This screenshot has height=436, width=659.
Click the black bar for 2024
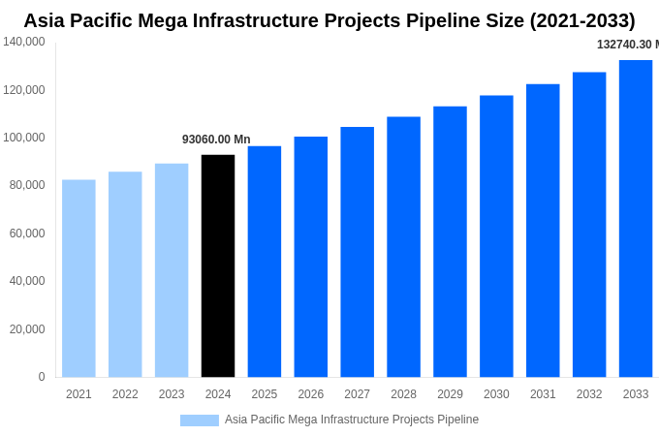point(218,265)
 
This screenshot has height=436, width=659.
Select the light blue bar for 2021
point(78,278)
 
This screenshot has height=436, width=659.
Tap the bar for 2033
point(636,218)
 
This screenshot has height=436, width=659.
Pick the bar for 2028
point(403,246)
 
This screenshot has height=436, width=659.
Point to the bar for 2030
point(496,235)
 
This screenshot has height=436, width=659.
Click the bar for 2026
point(311,256)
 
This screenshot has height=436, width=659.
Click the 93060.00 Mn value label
point(216,140)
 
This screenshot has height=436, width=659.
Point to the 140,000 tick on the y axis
point(24,42)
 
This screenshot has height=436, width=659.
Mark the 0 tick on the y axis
point(42,377)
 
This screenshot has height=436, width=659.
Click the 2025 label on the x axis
point(265,394)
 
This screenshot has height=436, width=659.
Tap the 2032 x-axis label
point(589,394)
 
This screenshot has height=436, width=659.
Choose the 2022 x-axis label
point(125,394)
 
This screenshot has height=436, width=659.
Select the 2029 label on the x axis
point(450,394)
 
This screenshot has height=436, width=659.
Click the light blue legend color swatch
point(200,420)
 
